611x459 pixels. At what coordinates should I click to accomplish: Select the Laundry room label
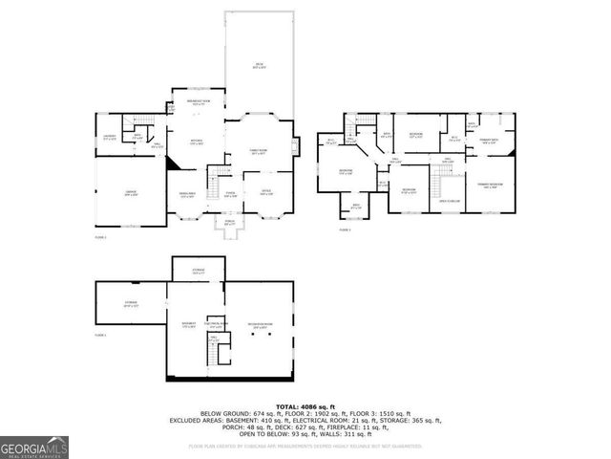[x=110, y=138]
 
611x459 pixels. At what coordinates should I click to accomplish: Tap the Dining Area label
[x=187, y=194]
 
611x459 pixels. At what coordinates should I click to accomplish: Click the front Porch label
[x=229, y=223]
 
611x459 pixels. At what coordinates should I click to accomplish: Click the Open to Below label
[x=450, y=201]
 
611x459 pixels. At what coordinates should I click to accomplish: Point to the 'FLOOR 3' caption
[x=345, y=229]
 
